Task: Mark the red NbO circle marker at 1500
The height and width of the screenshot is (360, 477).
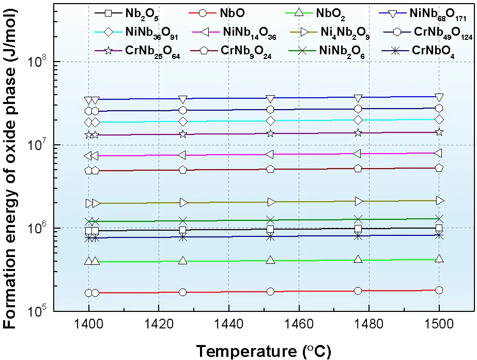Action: pos(439,290)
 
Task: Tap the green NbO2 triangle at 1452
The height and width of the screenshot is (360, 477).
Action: pos(270,260)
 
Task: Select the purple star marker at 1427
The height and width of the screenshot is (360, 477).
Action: pos(183,134)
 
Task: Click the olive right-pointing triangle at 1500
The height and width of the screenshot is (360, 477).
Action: pos(440,200)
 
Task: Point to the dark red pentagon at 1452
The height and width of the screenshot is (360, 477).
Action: pos(270,169)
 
